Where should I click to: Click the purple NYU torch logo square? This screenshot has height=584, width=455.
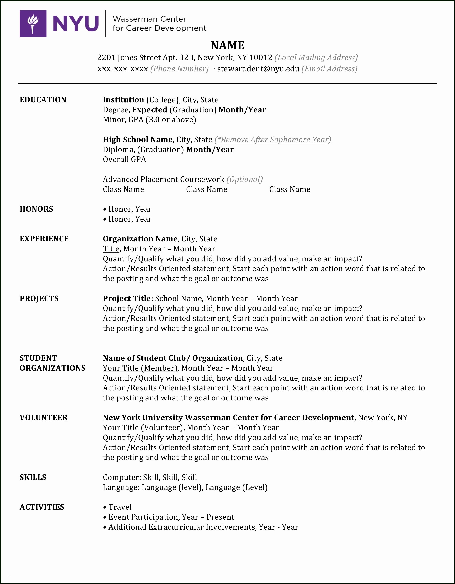(x=33, y=23)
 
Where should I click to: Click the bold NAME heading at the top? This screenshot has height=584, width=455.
(x=227, y=45)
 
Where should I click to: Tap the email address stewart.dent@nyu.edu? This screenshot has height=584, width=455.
(x=258, y=69)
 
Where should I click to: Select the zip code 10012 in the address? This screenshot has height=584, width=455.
(x=261, y=57)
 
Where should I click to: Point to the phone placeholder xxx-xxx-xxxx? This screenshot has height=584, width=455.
(x=123, y=69)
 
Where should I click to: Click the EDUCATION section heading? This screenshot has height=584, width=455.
(x=43, y=100)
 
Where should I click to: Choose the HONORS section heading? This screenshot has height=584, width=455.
(x=36, y=209)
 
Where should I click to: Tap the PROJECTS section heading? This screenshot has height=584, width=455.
(x=39, y=298)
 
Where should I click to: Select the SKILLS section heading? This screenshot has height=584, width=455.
(x=33, y=477)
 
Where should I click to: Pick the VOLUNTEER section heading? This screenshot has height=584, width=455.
(x=44, y=418)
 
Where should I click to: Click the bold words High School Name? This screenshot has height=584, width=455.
(x=138, y=140)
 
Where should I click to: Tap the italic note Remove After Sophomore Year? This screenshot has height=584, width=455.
(x=273, y=140)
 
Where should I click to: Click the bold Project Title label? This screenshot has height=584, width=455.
(x=127, y=298)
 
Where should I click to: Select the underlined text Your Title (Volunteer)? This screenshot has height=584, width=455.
(x=143, y=428)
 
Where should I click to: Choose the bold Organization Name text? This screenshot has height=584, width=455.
(x=140, y=239)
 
